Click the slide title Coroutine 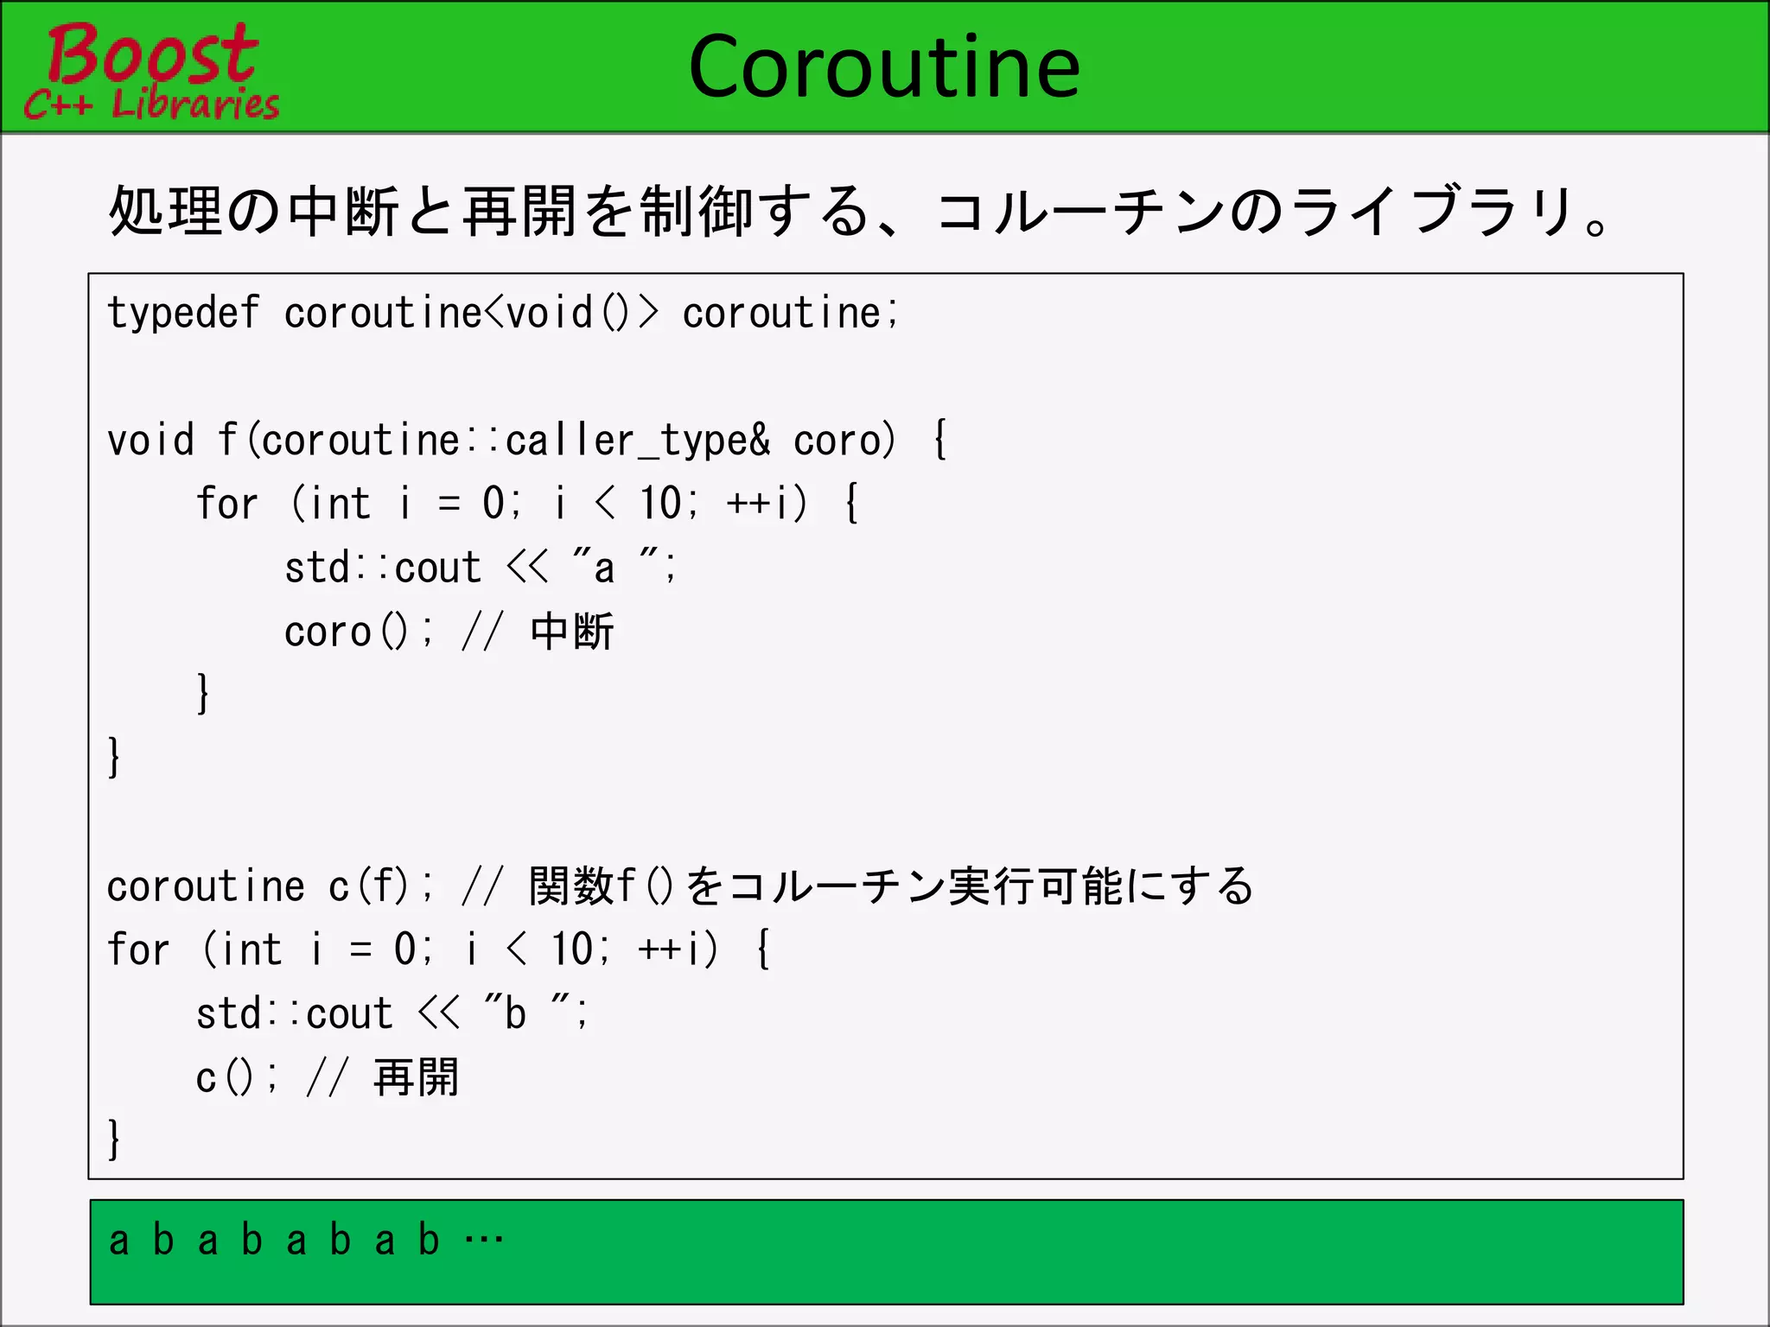[x=884, y=67]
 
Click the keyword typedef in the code [x=182, y=313]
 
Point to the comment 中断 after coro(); [x=571, y=632]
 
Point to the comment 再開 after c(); [x=416, y=1077]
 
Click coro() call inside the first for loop [x=346, y=632]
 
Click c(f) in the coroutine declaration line [x=368, y=886]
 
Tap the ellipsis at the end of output [x=483, y=1241]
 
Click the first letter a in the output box [x=119, y=1241]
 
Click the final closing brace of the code [x=114, y=1139]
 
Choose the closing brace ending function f [x=114, y=757]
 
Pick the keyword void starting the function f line [x=150, y=441]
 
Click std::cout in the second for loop [x=295, y=1013]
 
